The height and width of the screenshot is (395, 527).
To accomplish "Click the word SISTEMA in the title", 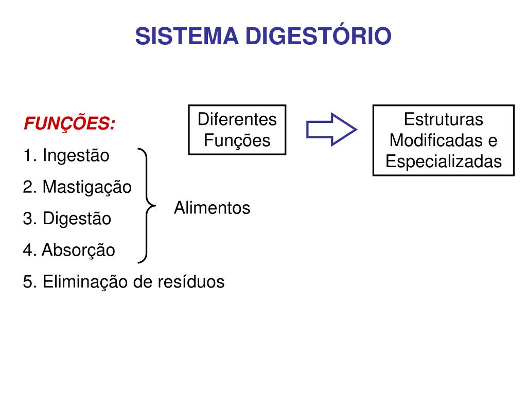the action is pyautogui.click(x=187, y=36).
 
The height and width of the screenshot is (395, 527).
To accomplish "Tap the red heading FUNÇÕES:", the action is pyautogui.click(x=69, y=123).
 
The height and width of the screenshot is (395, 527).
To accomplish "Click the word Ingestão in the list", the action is pyautogui.click(x=76, y=156).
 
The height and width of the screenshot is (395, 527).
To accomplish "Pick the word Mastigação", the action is pyautogui.click(x=87, y=187).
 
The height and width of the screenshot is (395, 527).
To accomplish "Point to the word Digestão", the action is pyautogui.click(x=77, y=219).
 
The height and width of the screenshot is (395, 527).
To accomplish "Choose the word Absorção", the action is pyautogui.click(x=78, y=250).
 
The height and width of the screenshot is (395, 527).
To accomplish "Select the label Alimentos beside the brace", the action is pyautogui.click(x=212, y=208).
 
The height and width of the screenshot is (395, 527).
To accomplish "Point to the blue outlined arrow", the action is pyautogui.click(x=331, y=129).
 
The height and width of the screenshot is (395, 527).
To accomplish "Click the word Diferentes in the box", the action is pyautogui.click(x=237, y=119).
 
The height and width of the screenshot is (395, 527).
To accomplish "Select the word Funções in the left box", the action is pyautogui.click(x=237, y=140).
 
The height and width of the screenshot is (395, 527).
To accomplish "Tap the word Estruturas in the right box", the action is pyautogui.click(x=444, y=119).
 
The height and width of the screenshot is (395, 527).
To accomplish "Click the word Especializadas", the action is pyautogui.click(x=444, y=161).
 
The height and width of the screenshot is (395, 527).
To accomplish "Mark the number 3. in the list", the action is pyautogui.click(x=30, y=219).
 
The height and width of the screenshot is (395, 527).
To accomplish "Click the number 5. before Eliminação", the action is pyautogui.click(x=30, y=282).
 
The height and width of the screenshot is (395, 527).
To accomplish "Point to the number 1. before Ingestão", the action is pyautogui.click(x=30, y=156).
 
